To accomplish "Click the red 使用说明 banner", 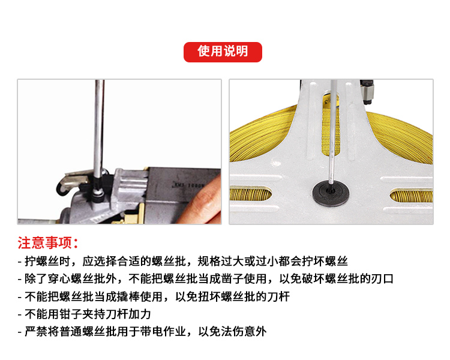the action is (223, 52).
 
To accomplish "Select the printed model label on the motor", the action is (188, 185).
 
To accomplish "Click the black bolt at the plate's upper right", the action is (367, 91).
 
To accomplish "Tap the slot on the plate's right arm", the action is (412, 196).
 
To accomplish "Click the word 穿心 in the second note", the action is (59, 279).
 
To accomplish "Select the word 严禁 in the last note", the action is (36, 332).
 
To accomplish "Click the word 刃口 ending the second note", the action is (382, 279).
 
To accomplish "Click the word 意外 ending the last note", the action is (256, 332).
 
